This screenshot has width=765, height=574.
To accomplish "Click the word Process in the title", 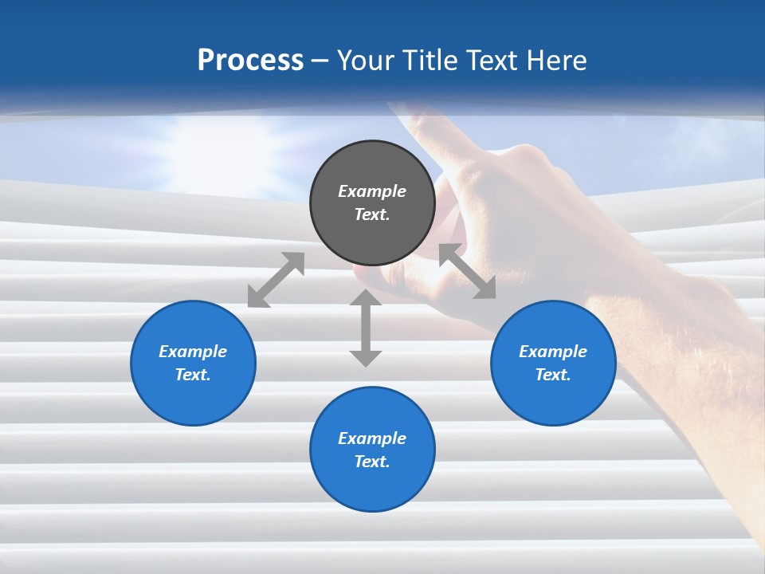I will (250, 61).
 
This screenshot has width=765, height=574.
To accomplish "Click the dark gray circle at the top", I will (372, 202).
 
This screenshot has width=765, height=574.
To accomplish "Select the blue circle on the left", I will (193, 363).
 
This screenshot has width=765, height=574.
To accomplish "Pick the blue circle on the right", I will (553, 363).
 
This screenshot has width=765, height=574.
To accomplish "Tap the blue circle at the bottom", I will (372, 450).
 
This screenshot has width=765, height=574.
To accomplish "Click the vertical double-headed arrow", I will (366, 328).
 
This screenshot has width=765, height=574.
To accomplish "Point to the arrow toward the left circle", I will (276, 280).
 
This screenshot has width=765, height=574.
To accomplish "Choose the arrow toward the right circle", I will (468, 272).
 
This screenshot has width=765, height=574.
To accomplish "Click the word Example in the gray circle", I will (372, 191).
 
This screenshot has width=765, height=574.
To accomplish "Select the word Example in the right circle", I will (553, 352).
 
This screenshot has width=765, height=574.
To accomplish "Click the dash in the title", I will (320, 61).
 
